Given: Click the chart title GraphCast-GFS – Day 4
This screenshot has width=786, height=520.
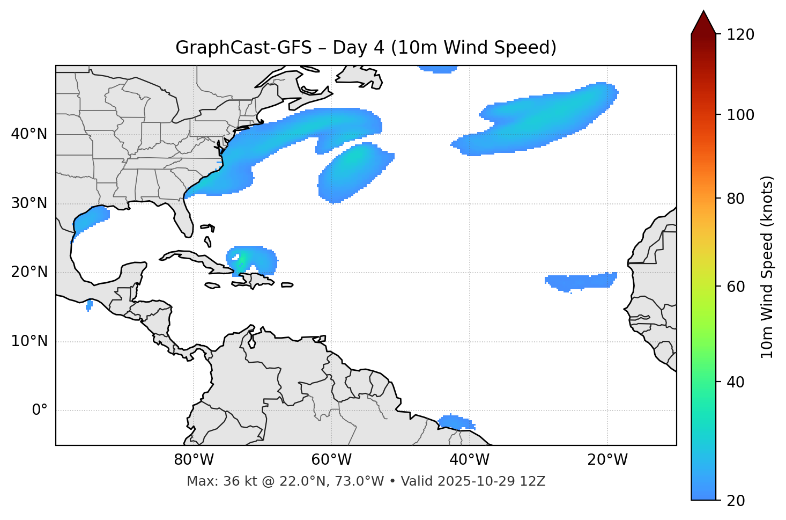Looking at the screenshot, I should (366, 48).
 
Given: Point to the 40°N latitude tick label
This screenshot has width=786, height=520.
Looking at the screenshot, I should (29, 134).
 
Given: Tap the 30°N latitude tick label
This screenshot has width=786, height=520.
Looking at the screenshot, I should (29, 203).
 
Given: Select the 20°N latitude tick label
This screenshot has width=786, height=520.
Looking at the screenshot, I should (29, 272).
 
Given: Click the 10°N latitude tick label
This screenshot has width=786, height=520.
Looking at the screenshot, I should (29, 341).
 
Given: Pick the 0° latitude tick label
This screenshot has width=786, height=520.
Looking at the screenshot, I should (39, 411).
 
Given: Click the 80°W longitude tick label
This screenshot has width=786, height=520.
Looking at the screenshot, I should (194, 460).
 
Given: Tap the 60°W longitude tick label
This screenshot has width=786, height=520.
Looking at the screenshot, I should (331, 460).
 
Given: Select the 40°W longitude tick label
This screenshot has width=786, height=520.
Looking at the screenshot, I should (469, 460).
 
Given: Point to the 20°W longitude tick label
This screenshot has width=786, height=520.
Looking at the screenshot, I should (607, 460).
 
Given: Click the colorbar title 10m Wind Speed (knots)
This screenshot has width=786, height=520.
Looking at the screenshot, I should (768, 267).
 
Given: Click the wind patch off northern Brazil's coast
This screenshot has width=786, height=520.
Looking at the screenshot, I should (456, 422).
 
